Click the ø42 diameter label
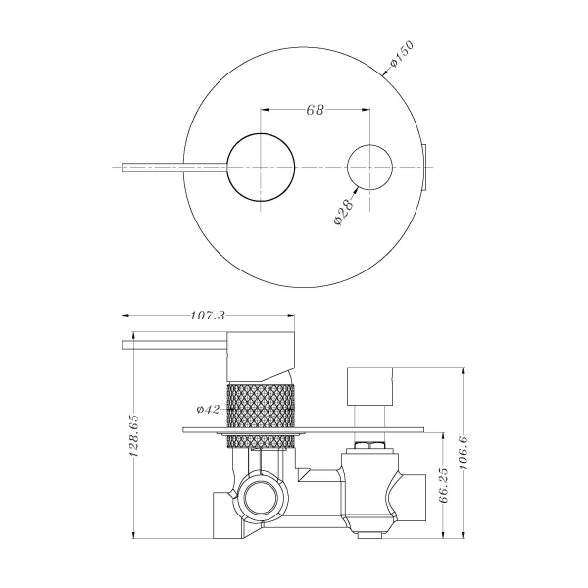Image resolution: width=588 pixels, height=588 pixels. pyautogui.click(x=208, y=408)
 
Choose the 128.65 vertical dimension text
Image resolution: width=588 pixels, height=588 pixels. pyautogui.click(x=136, y=440)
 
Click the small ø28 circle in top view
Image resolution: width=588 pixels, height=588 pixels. pyautogui.click(x=371, y=168)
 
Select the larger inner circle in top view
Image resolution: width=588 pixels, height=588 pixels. pyautogui.click(x=260, y=168)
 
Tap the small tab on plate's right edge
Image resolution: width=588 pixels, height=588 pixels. pyautogui.click(x=425, y=169)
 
